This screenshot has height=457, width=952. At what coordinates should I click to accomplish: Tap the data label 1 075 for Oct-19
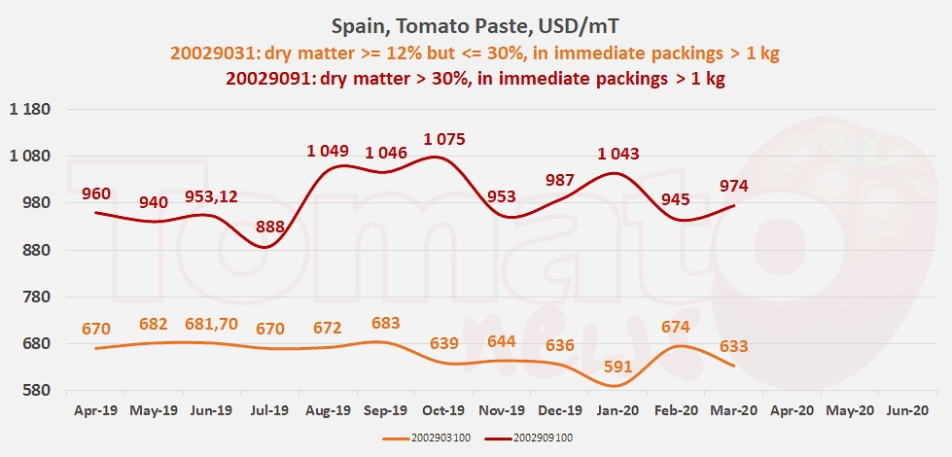[443, 140]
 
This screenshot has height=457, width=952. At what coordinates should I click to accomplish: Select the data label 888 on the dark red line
[270, 228]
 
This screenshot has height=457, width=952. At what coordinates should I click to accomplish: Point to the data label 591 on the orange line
[618, 367]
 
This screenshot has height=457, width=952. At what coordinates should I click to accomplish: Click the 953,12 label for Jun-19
[211, 196]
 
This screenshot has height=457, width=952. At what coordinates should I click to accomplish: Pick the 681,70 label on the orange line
[211, 325]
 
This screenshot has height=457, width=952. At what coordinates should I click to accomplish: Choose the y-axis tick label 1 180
[29, 109]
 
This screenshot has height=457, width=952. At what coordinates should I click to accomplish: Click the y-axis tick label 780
[36, 297]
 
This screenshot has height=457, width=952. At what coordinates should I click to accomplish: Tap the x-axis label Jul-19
[270, 410]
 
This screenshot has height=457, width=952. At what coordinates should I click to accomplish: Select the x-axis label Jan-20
[618, 410]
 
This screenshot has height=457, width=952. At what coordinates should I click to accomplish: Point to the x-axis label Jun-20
[908, 410]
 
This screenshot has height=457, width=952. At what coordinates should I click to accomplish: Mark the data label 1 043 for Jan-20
[618, 155]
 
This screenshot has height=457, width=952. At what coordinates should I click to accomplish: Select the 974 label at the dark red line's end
[734, 186]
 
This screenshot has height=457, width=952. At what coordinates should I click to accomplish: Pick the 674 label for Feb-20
[676, 327]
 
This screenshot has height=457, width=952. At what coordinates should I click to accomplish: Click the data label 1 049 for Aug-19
[328, 151]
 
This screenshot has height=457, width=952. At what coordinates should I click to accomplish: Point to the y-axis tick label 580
[36, 390]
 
